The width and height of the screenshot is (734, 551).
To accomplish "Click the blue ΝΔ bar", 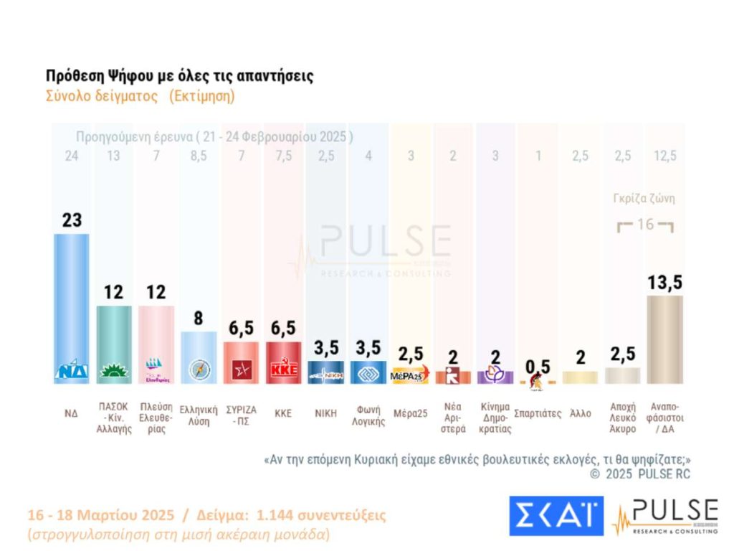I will tap(72, 301).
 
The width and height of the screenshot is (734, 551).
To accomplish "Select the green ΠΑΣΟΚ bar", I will tap(114, 337).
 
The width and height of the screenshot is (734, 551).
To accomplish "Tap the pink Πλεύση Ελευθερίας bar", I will tap(156, 337).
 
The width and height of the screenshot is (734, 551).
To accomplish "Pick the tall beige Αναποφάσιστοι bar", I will tap(664, 337).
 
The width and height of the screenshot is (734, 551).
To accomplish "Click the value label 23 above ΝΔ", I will tap(72, 220).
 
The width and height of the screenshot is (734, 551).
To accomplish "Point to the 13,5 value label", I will tap(664, 283).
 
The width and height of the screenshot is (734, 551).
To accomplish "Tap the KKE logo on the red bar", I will tap(283, 370).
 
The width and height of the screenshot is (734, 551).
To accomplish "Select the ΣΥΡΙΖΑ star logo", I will tap(241, 371).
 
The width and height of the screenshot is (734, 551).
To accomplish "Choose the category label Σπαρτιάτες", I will tap(537, 414).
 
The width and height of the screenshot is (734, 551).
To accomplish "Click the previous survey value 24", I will tap(72, 156).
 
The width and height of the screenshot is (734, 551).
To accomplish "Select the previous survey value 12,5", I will tap(664, 156).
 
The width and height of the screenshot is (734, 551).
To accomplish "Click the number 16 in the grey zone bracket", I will tap(645, 225).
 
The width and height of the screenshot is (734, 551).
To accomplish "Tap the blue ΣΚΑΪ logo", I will tap(556, 515).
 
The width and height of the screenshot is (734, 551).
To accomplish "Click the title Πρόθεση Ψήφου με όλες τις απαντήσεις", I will tap(179, 76).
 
